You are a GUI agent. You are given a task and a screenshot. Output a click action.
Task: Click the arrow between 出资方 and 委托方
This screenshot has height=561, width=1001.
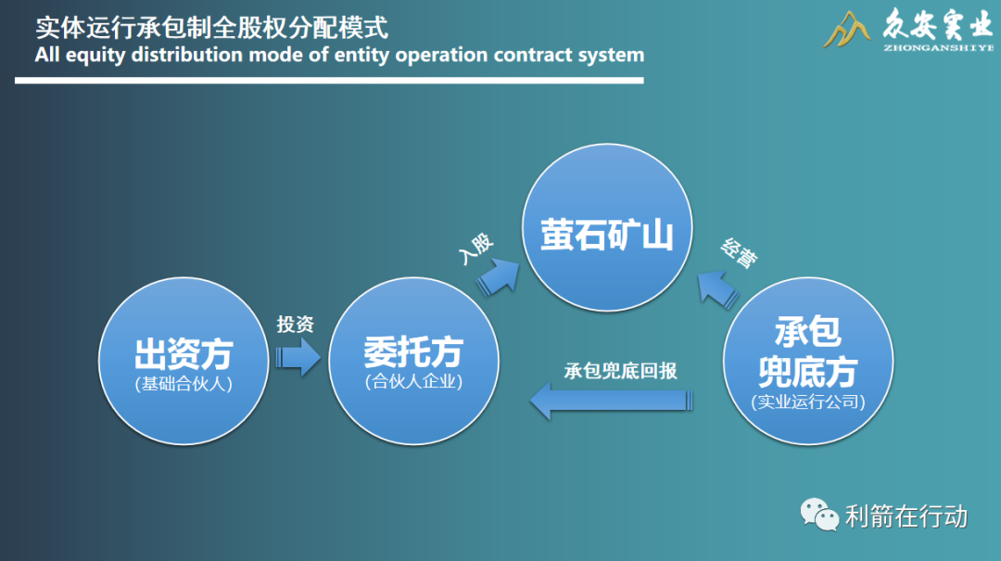[297, 357]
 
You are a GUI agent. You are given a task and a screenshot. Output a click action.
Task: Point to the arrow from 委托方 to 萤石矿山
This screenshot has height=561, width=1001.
[501, 274]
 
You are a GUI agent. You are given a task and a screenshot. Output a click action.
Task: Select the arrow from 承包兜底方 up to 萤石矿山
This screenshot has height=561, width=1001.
[718, 288]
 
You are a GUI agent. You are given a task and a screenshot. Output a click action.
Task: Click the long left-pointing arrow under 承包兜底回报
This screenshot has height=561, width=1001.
[611, 401]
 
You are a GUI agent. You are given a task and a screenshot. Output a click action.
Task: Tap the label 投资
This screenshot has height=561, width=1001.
[296, 325]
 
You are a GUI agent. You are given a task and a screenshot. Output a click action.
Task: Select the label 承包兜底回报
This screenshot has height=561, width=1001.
[620, 371]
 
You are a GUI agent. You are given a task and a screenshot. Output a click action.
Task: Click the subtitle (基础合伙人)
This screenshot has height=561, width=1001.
[183, 383]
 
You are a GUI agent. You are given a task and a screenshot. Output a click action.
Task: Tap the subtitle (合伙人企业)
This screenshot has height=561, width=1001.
[413, 381]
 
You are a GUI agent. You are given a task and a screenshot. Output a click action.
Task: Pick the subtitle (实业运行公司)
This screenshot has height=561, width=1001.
[807, 402]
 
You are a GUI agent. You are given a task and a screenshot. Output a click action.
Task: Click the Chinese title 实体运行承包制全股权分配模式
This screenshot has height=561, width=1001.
[212, 26]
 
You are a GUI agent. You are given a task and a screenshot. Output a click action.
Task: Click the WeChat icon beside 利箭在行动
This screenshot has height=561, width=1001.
[818, 514]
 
